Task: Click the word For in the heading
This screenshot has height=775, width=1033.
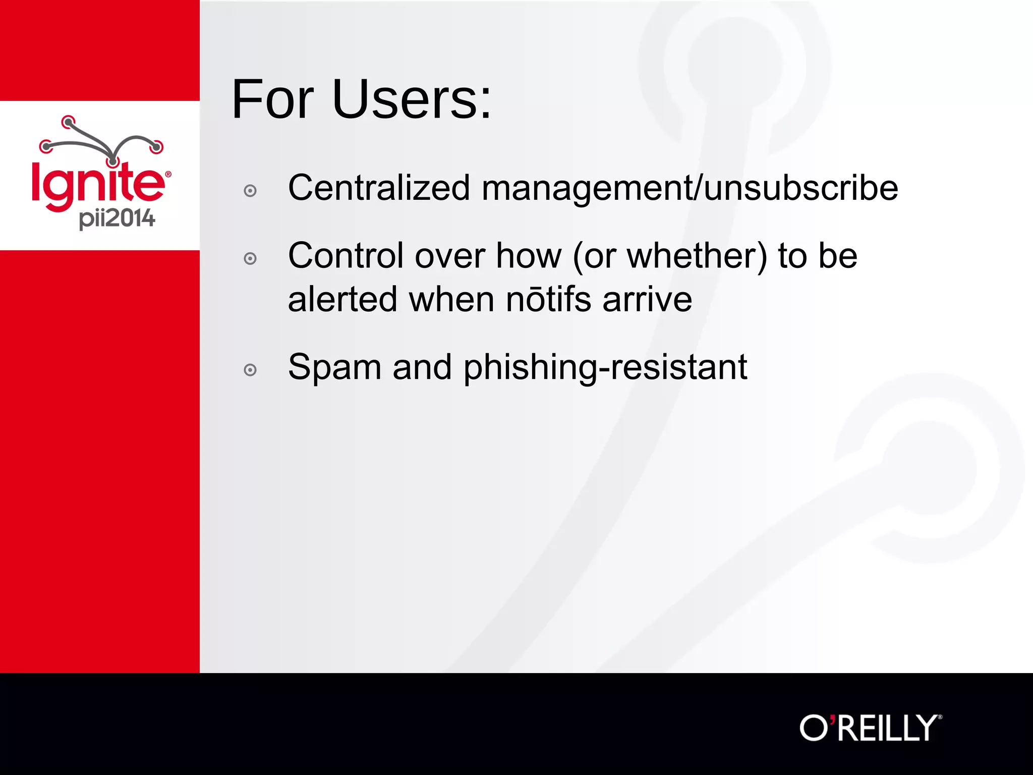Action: (273, 99)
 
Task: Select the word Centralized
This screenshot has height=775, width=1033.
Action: (379, 188)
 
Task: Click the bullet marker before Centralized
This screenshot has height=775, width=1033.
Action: (250, 191)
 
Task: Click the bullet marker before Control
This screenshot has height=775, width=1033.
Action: (250, 259)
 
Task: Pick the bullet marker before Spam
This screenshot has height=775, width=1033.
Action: (250, 370)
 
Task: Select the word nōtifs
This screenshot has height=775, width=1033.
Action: (549, 299)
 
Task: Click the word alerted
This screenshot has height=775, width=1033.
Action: (343, 299)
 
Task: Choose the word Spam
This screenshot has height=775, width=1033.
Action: (334, 367)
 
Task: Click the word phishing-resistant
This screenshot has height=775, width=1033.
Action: (605, 367)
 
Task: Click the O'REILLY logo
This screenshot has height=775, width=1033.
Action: (870, 728)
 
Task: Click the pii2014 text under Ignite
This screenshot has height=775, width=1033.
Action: (117, 218)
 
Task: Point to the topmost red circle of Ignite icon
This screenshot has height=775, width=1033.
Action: (68, 122)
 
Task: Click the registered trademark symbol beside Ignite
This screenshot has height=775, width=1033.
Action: (168, 175)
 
